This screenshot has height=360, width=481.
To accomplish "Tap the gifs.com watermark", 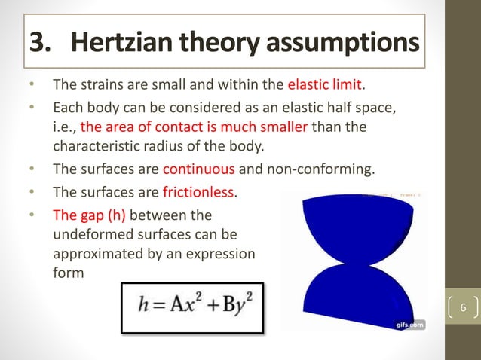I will (410, 325).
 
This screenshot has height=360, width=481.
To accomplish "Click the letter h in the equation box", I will (140, 308).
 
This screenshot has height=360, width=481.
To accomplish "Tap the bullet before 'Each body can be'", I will (32, 107).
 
